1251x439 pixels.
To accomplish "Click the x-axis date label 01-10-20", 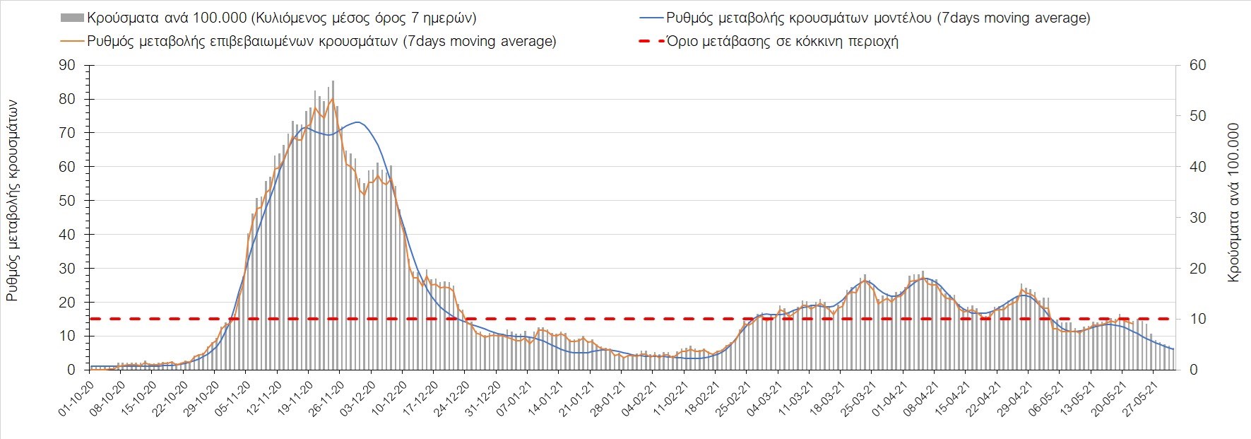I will coord(75,400).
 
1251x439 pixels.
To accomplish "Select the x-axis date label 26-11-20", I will coord(325,400).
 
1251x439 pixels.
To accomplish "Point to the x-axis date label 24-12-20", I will coord(450,400).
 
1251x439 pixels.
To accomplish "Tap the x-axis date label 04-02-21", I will coord(637,400).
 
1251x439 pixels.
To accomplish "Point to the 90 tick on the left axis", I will coord(67,65).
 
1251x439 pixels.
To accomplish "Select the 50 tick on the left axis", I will coord(67,201).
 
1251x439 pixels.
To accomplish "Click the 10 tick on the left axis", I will coord(67,336).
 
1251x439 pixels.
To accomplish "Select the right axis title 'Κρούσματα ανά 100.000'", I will coord(1233,203).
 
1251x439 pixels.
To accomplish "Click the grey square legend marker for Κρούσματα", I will coord(72,18).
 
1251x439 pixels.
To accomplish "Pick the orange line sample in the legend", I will coord(72,41).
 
